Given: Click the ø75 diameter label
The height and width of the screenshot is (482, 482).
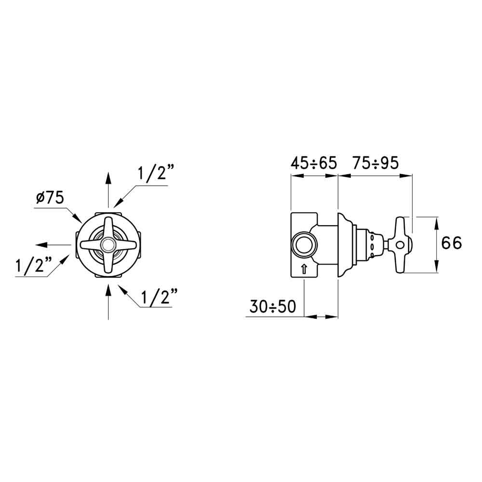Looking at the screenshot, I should (50, 198).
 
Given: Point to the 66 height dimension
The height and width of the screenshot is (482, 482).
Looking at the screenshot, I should (451, 243).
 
